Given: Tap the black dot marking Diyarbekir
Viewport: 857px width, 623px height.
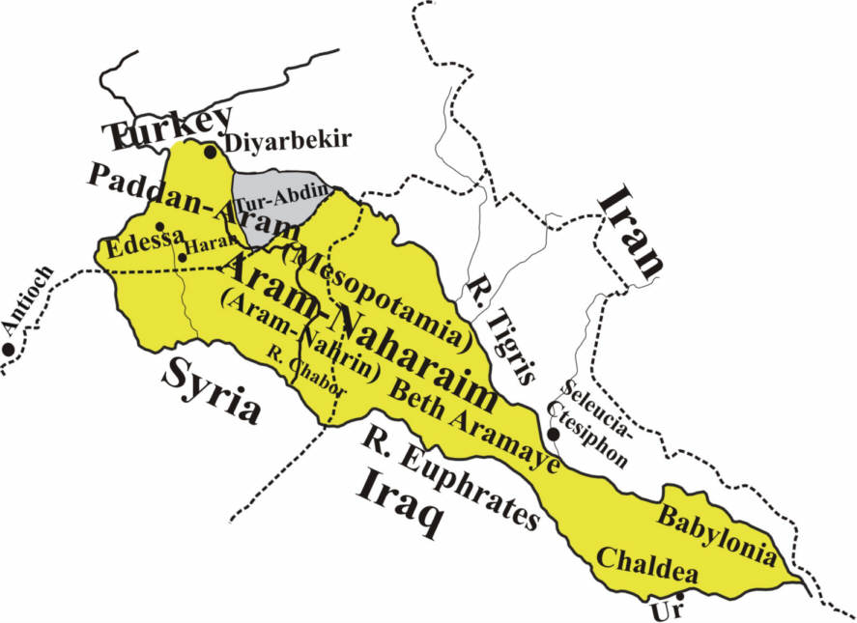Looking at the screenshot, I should [x=210, y=152].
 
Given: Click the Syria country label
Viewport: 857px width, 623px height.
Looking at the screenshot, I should [x=212, y=390].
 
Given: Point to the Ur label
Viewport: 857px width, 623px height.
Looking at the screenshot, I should [x=661, y=610].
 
